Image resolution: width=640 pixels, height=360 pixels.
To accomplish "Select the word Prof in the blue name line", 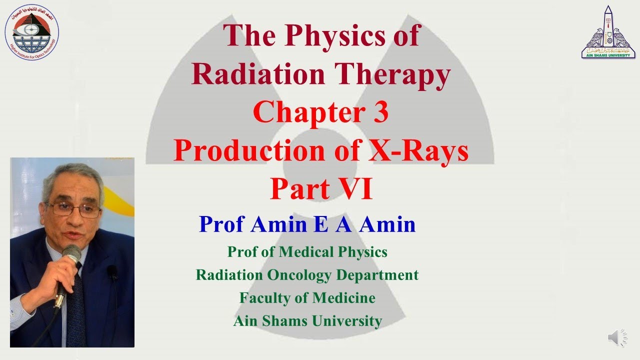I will click(222, 224).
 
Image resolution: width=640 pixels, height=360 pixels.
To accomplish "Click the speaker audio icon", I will click(617, 338).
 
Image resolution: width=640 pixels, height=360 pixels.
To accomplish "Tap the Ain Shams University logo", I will click(608, 32).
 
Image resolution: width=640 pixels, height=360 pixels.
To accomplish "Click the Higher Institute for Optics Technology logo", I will click(31, 31).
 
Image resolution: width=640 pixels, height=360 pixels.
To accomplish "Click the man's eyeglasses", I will click(74, 209).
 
